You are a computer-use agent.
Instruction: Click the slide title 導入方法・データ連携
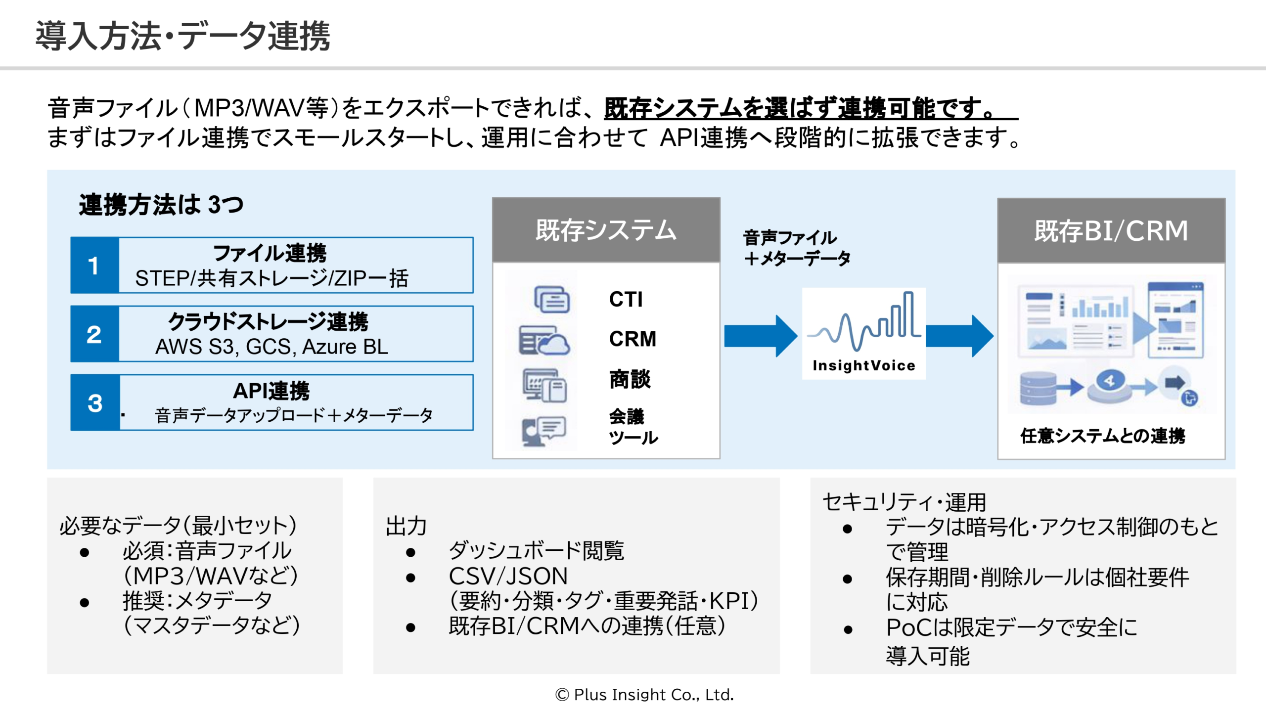(182, 36)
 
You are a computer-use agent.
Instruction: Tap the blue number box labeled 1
(94, 266)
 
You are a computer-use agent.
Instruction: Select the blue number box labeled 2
(94, 334)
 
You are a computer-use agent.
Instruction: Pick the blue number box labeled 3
(94, 403)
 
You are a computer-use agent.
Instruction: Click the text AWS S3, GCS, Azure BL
(271, 347)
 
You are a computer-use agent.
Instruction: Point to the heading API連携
(271, 391)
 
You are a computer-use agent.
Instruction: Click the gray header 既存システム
(606, 230)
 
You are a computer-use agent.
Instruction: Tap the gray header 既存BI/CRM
(1111, 231)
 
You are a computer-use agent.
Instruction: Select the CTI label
(626, 299)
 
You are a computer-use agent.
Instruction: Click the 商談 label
(630, 379)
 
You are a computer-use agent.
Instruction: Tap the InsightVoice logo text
(863, 365)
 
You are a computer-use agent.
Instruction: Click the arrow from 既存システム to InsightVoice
(760, 336)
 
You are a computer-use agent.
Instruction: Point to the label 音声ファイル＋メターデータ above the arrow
(796, 248)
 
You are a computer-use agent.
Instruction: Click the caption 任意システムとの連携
(1102, 436)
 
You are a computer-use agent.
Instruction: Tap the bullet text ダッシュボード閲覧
(536, 550)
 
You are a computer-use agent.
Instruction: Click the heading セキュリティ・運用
(904, 502)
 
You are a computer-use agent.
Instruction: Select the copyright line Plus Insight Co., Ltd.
(644, 695)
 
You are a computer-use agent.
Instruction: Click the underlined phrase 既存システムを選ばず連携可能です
(801, 108)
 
